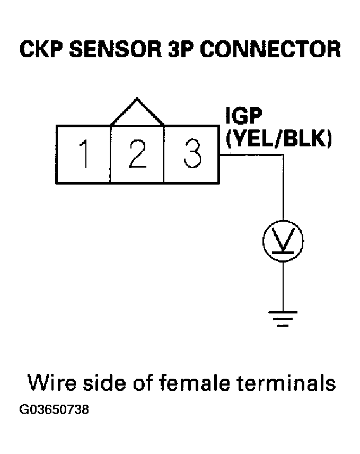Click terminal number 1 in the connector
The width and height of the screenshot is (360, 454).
pyautogui.click(x=83, y=154)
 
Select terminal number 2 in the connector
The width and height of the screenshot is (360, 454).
pyautogui.click(x=137, y=154)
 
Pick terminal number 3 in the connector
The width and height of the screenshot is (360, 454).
pyautogui.click(x=191, y=154)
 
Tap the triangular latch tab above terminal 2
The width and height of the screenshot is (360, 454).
pyautogui.click(x=137, y=113)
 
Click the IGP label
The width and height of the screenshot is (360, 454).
pyautogui.click(x=242, y=118)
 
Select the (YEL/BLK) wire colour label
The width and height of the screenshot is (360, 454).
pyautogui.click(x=278, y=139)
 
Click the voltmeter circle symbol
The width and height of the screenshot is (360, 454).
pyautogui.click(x=283, y=241)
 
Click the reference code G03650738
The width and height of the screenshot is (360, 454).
pyautogui.click(x=54, y=410)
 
